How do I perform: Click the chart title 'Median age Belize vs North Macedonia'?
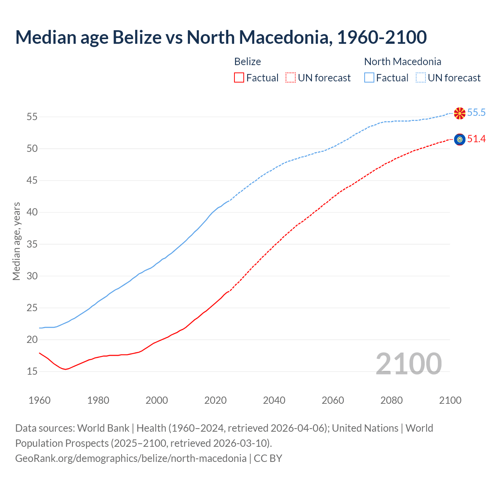221,38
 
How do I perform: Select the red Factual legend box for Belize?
239,77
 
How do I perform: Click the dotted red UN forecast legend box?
291,77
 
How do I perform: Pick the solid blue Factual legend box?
369,77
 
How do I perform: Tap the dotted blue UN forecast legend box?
421,77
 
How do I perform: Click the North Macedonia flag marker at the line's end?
460,113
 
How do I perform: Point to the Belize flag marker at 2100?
460,139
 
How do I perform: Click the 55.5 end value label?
476,113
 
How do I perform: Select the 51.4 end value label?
476,139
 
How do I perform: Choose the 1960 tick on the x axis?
40,400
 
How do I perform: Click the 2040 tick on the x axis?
274,400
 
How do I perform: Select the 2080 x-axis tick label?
391,400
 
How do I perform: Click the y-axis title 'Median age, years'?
16,241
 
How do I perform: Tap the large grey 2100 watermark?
408,363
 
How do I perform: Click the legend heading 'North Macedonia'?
403,62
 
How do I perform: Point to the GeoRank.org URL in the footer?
131,458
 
